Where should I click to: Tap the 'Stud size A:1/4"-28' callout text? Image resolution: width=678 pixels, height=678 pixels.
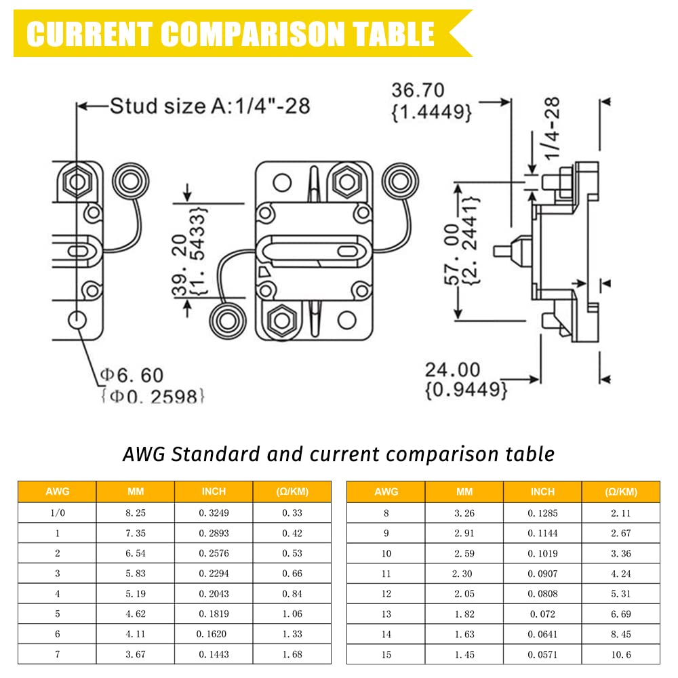(x=210, y=106)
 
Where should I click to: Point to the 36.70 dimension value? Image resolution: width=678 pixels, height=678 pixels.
(x=418, y=90)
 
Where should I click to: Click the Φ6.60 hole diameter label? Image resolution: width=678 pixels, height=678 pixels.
(x=132, y=376)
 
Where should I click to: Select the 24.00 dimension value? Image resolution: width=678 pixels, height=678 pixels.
(x=452, y=370)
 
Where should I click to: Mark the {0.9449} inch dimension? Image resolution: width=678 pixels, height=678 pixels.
(x=466, y=390)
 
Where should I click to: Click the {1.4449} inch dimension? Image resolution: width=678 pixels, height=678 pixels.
(x=431, y=112)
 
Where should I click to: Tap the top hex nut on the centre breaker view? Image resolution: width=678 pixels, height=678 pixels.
(x=346, y=182)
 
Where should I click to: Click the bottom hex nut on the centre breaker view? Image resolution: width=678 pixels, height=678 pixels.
(x=282, y=321)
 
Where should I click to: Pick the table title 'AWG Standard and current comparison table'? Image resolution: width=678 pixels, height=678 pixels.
(x=338, y=454)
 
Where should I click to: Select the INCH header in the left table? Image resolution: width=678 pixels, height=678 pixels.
(x=214, y=491)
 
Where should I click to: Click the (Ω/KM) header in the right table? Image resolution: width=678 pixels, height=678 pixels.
(x=621, y=492)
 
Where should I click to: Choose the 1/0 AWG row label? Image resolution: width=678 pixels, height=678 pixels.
(x=58, y=513)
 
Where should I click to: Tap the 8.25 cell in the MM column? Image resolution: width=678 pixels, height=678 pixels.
(x=136, y=513)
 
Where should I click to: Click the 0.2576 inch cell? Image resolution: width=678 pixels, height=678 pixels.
(x=214, y=553)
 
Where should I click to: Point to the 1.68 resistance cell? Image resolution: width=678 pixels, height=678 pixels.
(x=292, y=654)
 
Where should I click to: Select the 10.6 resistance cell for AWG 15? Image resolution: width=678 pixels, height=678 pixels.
(x=621, y=655)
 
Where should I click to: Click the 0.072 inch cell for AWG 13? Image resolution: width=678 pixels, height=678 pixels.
(x=542, y=614)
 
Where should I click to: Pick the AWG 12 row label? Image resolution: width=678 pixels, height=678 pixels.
(x=386, y=594)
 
